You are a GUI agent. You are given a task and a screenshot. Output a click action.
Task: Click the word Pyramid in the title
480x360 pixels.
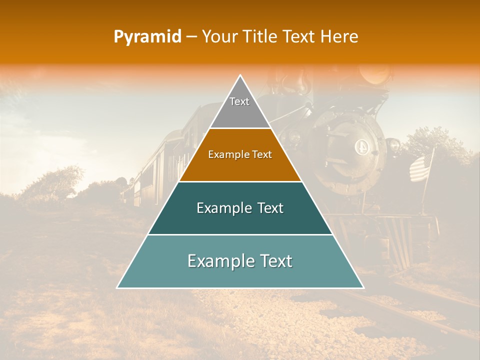coord(147,37)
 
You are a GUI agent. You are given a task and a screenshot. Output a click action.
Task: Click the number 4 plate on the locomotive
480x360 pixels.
coord(361,147)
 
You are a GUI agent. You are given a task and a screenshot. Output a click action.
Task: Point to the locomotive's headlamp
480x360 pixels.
coord(376,75)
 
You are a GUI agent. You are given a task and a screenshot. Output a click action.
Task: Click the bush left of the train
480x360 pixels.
coord(55,182)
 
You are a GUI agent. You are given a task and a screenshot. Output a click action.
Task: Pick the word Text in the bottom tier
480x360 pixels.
coord(274,261)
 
